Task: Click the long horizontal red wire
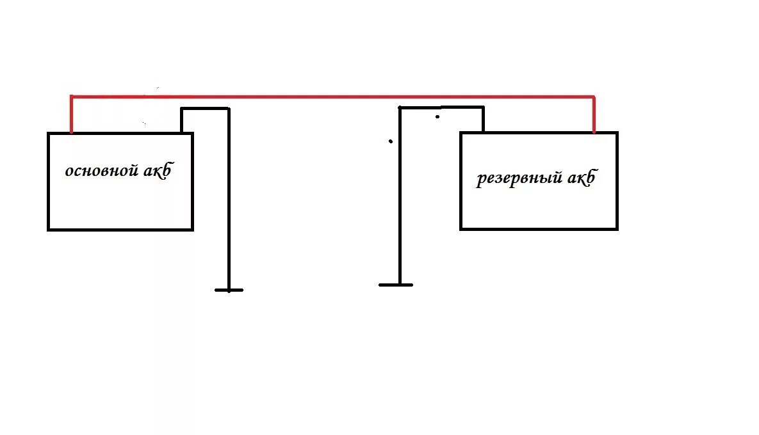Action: [x=333, y=97]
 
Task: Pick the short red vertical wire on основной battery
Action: [x=71, y=115]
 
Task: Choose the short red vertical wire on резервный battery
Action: [x=594, y=116]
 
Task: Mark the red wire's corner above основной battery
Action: [x=71, y=97]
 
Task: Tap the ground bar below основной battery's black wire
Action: [x=229, y=290]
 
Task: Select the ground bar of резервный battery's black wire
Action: [x=396, y=284]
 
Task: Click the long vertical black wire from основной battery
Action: [x=228, y=198]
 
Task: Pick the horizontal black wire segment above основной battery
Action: [x=205, y=109]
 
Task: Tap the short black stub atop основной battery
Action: [x=182, y=120]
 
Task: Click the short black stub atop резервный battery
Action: [x=483, y=120]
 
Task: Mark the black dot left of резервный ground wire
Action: [x=390, y=141]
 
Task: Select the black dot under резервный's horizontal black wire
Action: [x=437, y=116]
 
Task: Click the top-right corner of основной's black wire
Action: [x=228, y=109]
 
